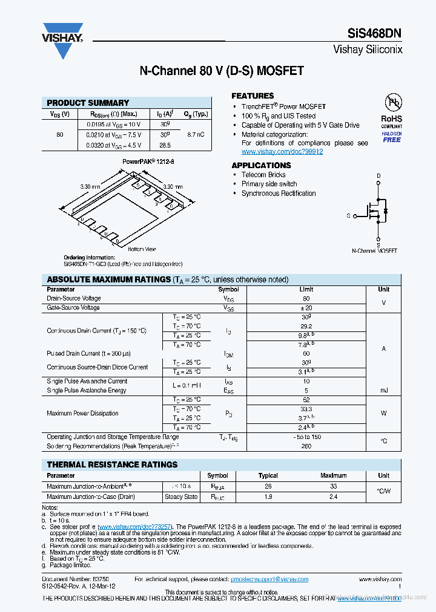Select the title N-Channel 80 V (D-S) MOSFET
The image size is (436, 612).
(x=222, y=71)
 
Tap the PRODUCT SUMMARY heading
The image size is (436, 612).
(x=88, y=103)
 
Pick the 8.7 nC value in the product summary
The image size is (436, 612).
(x=196, y=134)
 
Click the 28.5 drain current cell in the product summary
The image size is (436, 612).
(x=165, y=146)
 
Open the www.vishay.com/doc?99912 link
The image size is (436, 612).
(x=282, y=152)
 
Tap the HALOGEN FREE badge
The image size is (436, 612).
(x=391, y=137)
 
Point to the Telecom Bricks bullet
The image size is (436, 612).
(x=263, y=175)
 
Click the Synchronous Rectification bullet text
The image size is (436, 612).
(x=279, y=194)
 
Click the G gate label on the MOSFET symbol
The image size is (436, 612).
(x=349, y=215)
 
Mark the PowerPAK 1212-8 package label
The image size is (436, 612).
(x=148, y=162)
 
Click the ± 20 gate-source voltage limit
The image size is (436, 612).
(x=306, y=308)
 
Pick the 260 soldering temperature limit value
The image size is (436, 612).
(x=306, y=446)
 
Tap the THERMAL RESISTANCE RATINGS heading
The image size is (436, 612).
(x=113, y=464)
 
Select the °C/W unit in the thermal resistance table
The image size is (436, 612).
(x=383, y=491)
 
